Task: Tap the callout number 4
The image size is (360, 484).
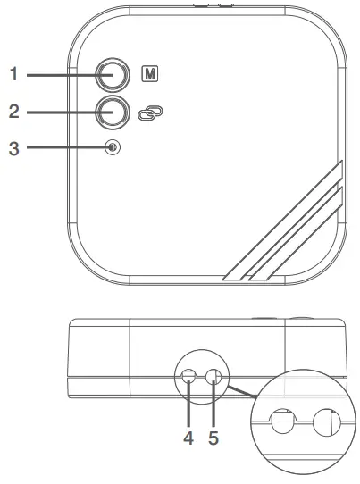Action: click(188, 438)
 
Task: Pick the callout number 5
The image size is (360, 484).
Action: click(213, 438)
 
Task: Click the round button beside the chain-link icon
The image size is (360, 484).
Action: click(113, 112)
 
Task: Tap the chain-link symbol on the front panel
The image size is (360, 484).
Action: click(151, 113)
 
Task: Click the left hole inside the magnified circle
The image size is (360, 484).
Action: click(282, 421)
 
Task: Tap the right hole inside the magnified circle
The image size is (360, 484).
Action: click(325, 421)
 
